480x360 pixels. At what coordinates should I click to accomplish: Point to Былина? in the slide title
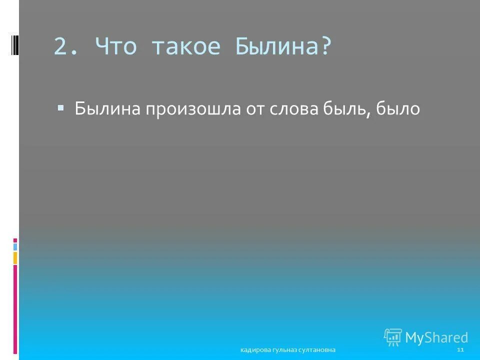[x=282, y=47]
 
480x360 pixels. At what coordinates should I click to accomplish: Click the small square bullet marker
[x=60, y=107]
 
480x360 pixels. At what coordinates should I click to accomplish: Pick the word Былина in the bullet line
[x=107, y=108]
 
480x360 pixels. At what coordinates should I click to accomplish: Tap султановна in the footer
[x=317, y=350]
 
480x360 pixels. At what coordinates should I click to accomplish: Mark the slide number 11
[x=460, y=349]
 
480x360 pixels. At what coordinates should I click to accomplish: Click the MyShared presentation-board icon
[x=392, y=336]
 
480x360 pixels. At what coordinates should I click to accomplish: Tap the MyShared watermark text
[x=436, y=337]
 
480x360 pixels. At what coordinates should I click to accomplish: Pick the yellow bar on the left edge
[x=15, y=257]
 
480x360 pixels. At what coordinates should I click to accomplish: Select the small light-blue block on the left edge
[x=15, y=246]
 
